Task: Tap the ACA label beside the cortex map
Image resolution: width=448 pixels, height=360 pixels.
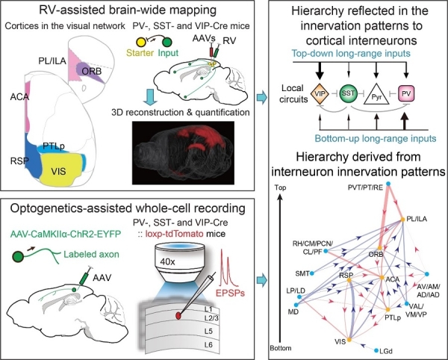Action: click(x=16, y=97)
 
